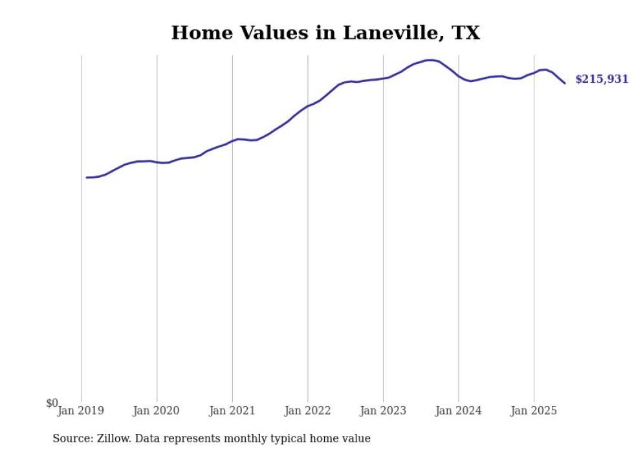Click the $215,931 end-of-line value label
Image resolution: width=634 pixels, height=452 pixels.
(x=601, y=80)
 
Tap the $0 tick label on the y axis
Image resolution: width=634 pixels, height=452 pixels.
(x=52, y=404)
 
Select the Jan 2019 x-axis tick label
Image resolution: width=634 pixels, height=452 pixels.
(x=80, y=411)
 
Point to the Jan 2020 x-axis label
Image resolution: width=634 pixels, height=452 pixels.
(x=156, y=411)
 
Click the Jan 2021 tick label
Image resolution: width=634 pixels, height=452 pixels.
(x=232, y=411)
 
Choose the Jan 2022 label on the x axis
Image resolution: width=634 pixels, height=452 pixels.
(x=307, y=411)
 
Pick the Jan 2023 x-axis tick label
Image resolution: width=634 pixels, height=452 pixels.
(x=383, y=411)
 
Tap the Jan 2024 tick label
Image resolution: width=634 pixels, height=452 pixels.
(x=458, y=411)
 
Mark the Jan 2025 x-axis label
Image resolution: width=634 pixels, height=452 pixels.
(x=534, y=411)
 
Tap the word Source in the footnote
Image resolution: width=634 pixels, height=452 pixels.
(x=71, y=438)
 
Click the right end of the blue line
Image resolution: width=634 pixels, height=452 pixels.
(x=565, y=83)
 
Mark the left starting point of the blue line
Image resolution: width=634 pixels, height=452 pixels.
(x=87, y=177)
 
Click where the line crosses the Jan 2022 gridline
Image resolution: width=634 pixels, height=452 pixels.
(x=308, y=105)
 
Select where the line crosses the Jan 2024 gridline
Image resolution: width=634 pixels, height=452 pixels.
(x=459, y=77)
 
